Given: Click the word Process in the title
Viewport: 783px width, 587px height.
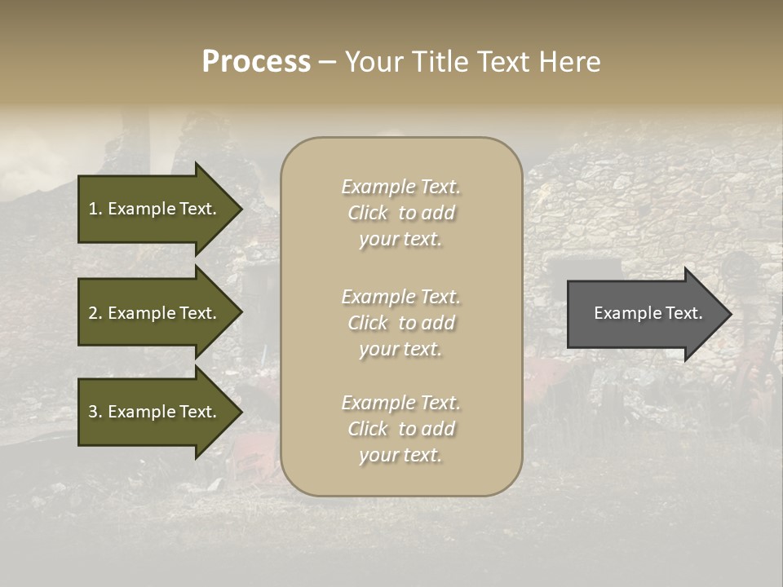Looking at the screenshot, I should point(256,62).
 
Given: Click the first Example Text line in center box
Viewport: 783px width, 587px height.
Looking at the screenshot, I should point(400,187).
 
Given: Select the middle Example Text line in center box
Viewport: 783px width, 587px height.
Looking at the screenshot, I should point(400,297).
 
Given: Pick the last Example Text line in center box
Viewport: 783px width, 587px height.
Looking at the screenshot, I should point(400,403).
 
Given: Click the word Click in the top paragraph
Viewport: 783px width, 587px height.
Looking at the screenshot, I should point(367,213).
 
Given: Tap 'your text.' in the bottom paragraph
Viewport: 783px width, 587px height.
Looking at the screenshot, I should point(400,455).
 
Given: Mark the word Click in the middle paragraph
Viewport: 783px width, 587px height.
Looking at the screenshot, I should point(367,323).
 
